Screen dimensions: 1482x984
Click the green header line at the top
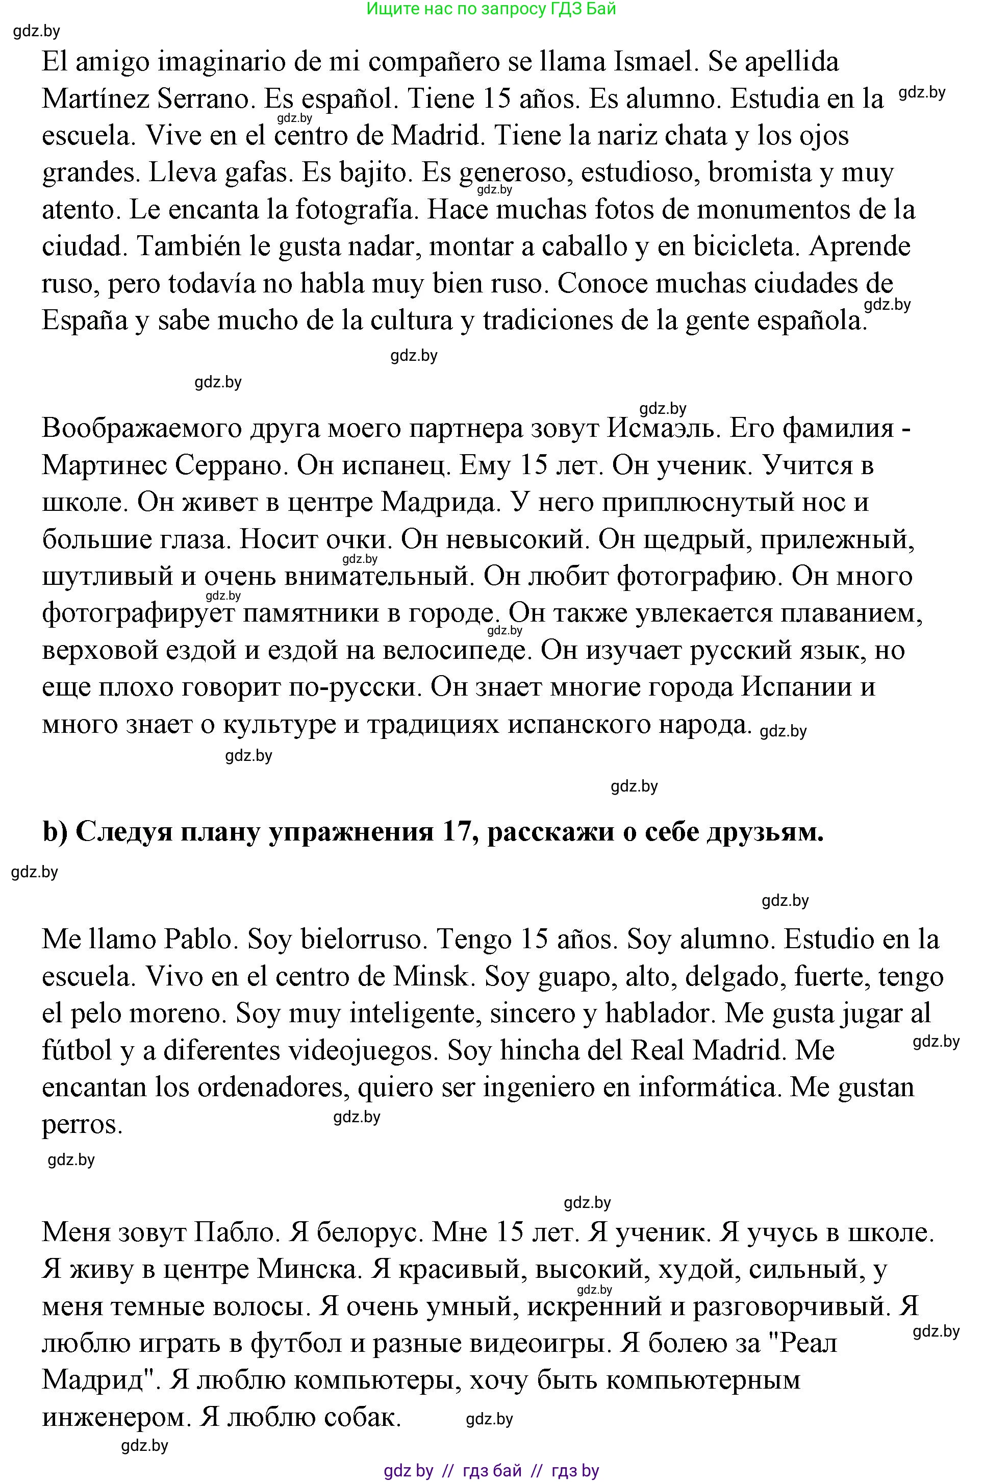pyautogui.click(x=491, y=9)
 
